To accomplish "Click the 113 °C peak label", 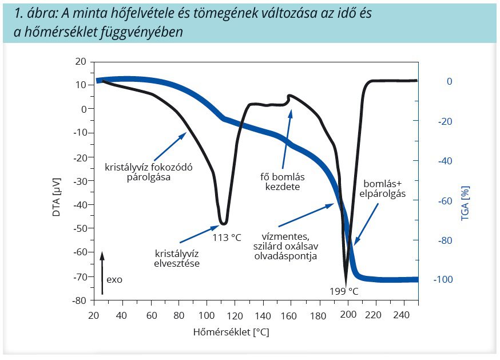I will pyautogui.click(x=227, y=237).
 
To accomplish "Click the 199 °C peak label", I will pyautogui.click(x=344, y=291).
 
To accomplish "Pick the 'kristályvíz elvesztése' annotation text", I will pyautogui.click(x=177, y=258).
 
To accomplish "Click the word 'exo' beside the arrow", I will pyautogui.click(x=114, y=280).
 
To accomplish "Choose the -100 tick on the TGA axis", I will pyautogui.click(x=444, y=279).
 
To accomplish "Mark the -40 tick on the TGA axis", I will pyautogui.click(x=446, y=161).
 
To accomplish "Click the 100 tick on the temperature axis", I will pyautogui.click(x=207, y=315).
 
